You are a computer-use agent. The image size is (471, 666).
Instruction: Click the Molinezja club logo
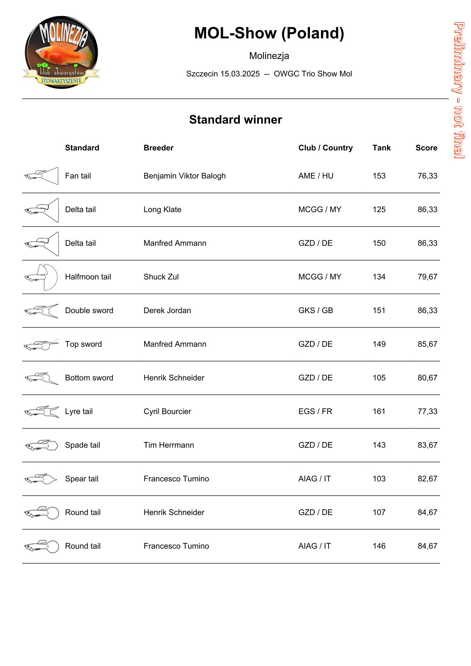tap(61, 52)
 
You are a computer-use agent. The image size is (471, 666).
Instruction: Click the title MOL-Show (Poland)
tap(269, 33)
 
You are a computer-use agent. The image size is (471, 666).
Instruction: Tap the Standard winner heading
tap(235, 120)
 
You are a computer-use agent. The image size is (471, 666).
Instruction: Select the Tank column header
tap(381, 148)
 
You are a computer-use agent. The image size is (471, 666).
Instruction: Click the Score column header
tap(426, 148)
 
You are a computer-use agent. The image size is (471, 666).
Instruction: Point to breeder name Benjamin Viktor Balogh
tap(184, 176)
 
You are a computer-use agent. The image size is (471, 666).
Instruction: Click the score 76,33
tap(427, 176)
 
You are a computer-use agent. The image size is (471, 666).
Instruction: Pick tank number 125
tap(379, 209)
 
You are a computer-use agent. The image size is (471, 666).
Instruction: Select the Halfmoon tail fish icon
tap(41, 277)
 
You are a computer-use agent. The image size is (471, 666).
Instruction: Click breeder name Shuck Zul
tap(161, 277)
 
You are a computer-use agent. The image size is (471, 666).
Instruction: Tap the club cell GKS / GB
tap(315, 310)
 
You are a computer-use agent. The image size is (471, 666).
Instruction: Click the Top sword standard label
tap(84, 344)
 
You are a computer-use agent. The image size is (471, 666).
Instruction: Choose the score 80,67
tap(427, 378)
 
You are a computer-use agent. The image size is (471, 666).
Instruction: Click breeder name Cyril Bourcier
tap(167, 411)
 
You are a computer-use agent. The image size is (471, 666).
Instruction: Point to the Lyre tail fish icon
tap(41, 412)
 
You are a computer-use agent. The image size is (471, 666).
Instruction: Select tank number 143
tap(379, 445)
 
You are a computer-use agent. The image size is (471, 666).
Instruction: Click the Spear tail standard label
tap(82, 478)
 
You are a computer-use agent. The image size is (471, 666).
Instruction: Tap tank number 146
tap(379, 546)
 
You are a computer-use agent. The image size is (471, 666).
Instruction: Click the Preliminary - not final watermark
tap(459, 90)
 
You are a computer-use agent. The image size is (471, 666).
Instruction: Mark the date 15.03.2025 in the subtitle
tap(240, 74)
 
